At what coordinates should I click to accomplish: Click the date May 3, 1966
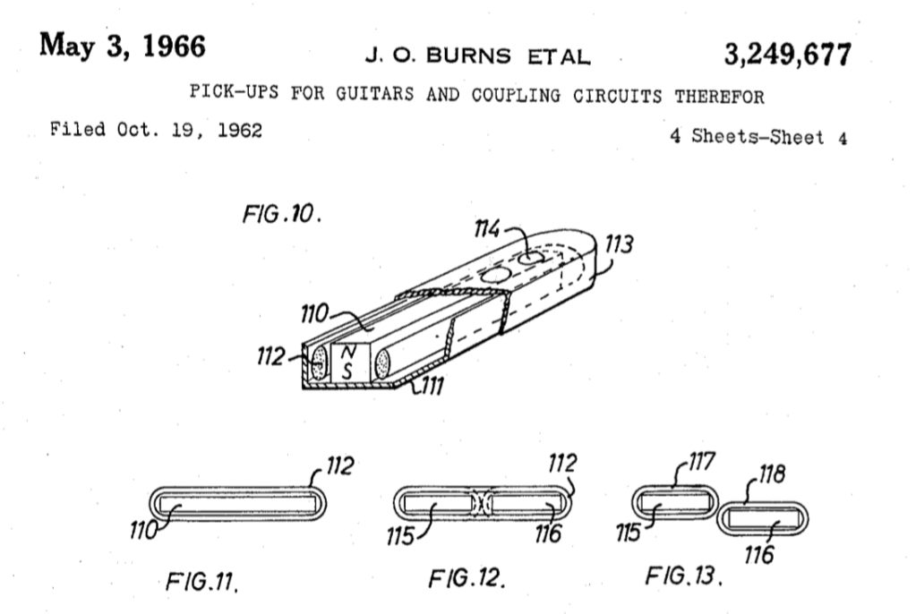[120, 47]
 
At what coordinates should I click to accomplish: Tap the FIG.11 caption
[201, 584]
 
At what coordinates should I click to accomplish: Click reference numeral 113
[621, 243]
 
